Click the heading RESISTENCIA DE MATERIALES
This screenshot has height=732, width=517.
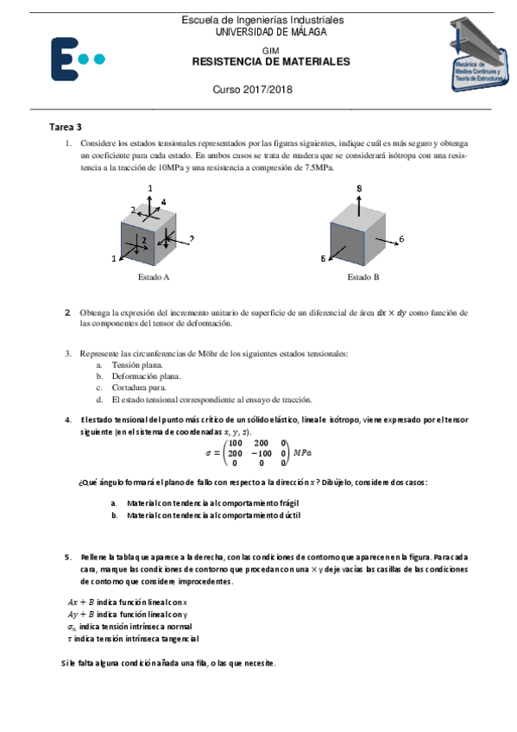point(270,63)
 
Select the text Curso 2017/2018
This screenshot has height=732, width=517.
point(253,91)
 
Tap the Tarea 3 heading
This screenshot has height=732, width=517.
point(66,127)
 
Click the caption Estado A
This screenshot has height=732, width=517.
point(154,278)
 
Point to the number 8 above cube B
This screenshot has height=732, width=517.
point(359,188)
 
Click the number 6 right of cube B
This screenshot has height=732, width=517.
point(401,238)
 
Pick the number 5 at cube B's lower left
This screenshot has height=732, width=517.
point(323,258)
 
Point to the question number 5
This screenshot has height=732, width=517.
point(67,557)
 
